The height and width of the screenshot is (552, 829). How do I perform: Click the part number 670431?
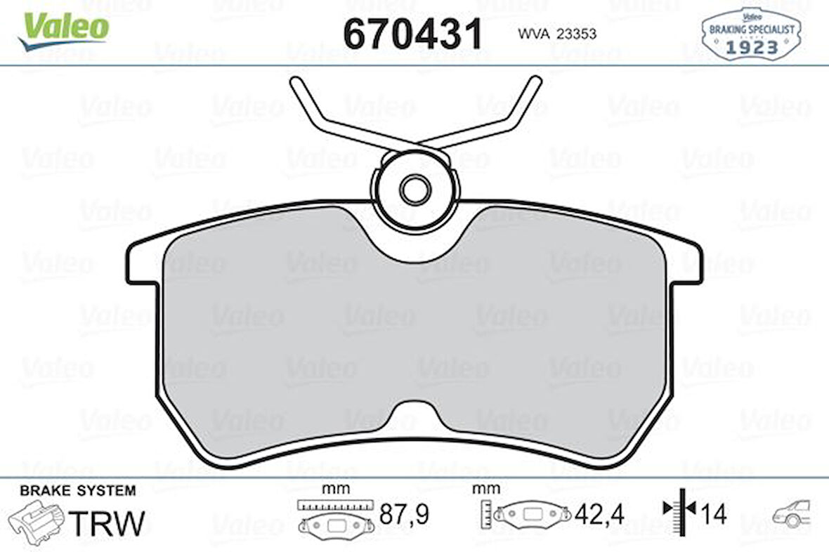point(412,33)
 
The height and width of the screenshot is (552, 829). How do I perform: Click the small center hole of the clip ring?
point(414,188)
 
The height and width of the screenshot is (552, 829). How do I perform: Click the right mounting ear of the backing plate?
point(685,264)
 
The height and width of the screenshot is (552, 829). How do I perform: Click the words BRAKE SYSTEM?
point(78,490)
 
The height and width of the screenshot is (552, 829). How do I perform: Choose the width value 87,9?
point(403,515)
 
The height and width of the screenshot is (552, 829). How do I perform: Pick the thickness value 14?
point(714,515)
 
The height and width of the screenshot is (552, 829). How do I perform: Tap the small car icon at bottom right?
point(792,514)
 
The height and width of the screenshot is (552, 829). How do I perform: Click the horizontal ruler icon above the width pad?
point(333,504)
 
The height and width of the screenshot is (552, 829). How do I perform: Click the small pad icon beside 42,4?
point(533,514)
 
